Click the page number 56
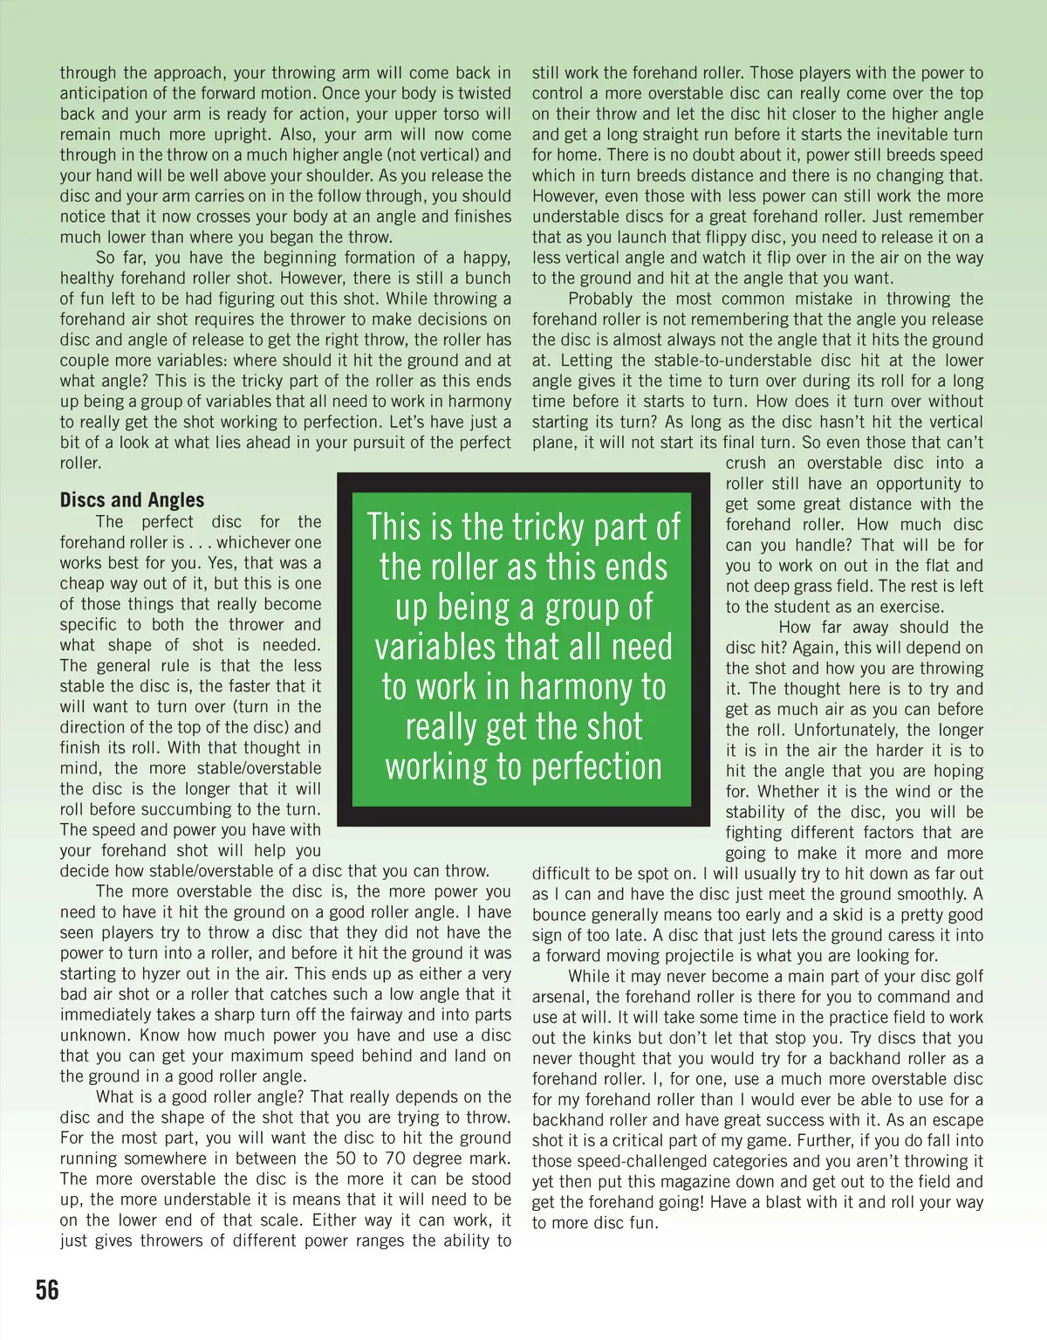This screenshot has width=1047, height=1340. click(x=47, y=1289)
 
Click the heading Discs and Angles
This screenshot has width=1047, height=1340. click(x=132, y=499)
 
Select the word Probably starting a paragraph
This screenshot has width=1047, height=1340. click(x=602, y=299)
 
